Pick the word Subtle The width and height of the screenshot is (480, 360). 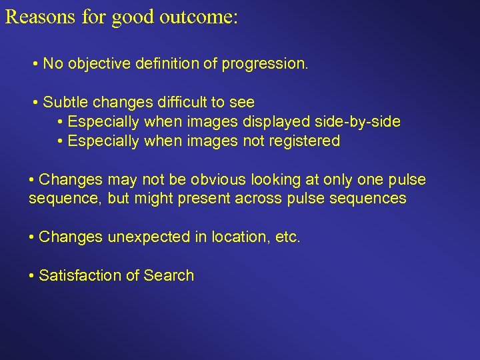65,102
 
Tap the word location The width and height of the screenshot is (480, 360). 240,237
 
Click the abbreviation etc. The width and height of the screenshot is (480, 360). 287,237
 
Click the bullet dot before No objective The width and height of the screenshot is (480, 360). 34,65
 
